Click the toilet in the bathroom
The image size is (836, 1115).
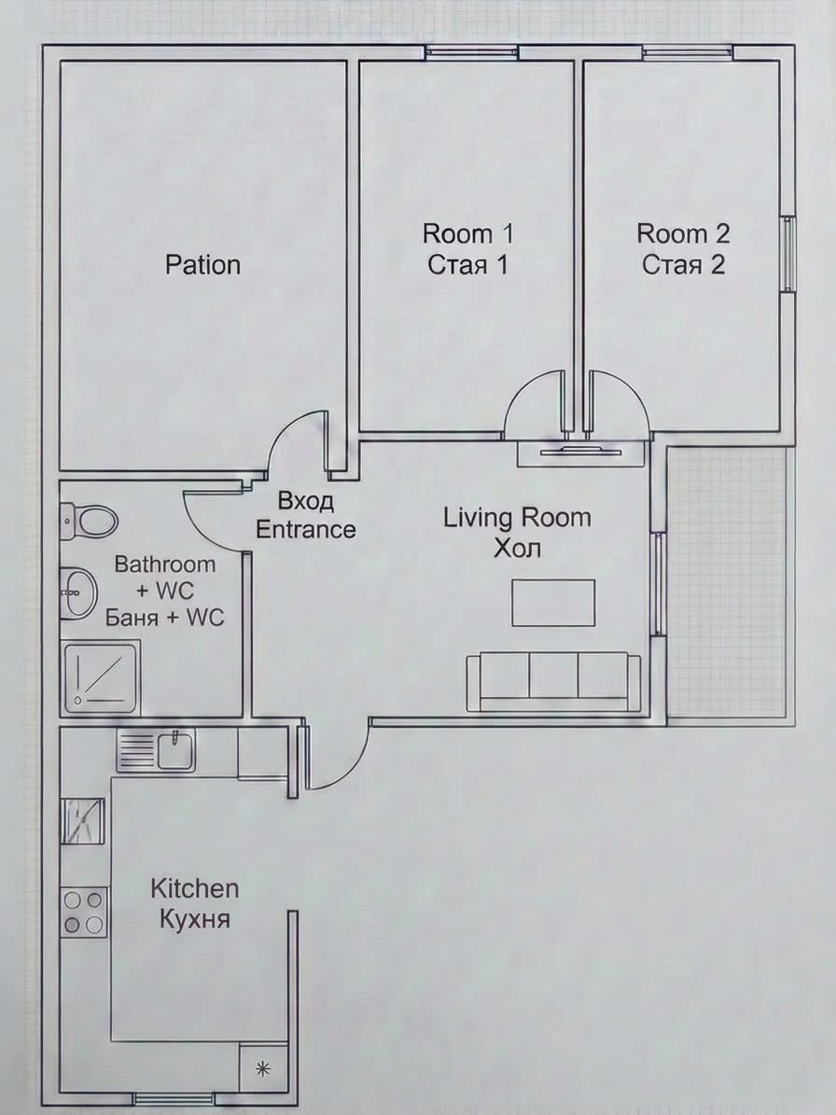(88, 521)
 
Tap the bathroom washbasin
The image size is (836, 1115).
(78, 592)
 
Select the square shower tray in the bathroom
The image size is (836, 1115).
(100, 677)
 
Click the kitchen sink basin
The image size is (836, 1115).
(175, 751)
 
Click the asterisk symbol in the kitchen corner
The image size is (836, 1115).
(263, 1068)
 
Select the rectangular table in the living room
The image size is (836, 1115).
(553, 603)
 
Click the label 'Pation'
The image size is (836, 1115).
(202, 265)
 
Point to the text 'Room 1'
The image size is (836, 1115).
(467, 233)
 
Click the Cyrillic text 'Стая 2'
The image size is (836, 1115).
(683, 265)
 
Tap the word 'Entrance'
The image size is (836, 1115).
(306, 530)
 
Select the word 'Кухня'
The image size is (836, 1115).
(195, 919)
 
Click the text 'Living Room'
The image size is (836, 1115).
(518, 518)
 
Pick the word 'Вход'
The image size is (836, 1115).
(306, 501)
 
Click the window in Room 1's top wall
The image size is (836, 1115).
(472, 51)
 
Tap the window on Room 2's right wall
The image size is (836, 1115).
(788, 254)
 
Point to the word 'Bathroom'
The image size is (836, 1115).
(165, 564)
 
